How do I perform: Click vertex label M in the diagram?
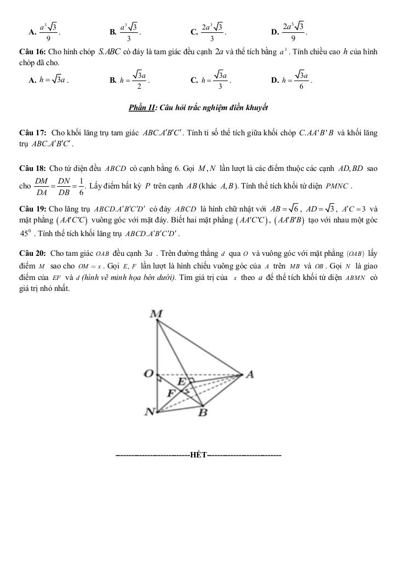click(x=156, y=314)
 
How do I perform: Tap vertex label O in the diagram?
click(x=148, y=374)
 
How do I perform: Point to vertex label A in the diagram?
click(x=250, y=374)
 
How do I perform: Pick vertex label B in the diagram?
click(x=202, y=413)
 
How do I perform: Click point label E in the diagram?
click(x=181, y=380)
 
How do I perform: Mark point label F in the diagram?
click(x=171, y=392)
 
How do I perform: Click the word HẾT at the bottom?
click(x=198, y=455)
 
